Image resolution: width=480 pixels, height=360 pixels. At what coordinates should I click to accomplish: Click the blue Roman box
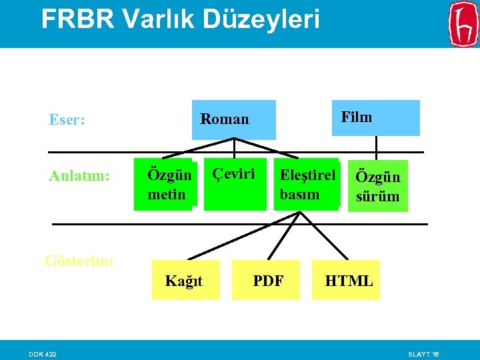(x=233, y=119)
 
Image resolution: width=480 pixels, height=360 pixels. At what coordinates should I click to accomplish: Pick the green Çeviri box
(x=235, y=184)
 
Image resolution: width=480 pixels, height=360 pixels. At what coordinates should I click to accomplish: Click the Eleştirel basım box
(x=307, y=185)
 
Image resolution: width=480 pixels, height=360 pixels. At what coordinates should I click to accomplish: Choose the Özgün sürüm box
(x=378, y=186)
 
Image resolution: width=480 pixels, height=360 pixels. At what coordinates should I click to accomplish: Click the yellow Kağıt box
(x=185, y=281)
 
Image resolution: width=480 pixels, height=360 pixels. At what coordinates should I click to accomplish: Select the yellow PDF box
(x=268, y=281)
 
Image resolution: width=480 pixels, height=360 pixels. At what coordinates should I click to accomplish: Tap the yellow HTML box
(x=349, y=281)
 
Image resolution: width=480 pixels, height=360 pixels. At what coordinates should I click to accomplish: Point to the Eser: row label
(x=67, y=120)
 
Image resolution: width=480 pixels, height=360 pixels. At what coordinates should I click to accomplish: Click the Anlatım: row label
(x=79, y=176)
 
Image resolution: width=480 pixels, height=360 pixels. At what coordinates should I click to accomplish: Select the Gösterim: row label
(x=79, y=260)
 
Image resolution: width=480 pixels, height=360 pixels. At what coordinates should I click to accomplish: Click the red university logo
(x=463, y=24)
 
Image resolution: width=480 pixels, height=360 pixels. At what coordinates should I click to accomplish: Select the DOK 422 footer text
(x=42, y=353)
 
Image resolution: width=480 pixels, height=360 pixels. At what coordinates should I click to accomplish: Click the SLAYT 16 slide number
(x=423, y=353)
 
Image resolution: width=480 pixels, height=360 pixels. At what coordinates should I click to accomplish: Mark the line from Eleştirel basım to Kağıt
(x=240, y=235)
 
